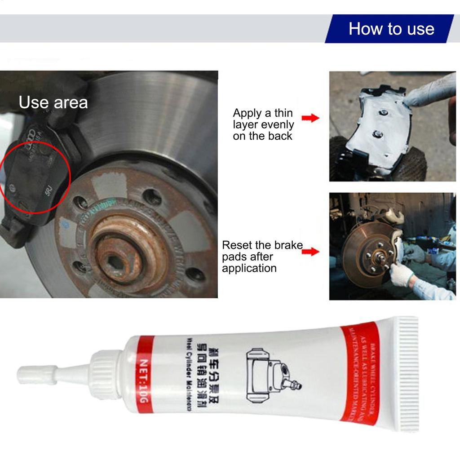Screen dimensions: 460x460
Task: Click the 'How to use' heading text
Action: tap(391, 29)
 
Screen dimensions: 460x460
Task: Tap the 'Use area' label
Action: tap(53, 102)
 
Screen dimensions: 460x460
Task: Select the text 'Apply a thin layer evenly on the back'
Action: tap(263, 124)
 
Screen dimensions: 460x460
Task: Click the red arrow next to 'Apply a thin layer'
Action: tap(310, 118)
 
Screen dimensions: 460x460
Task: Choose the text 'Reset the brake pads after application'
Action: tap(262, 257)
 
